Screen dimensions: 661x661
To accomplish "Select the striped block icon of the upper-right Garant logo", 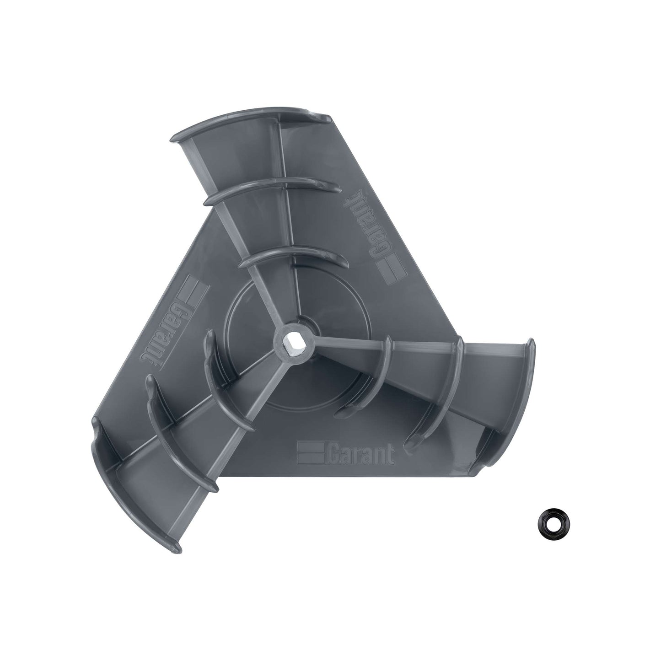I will point(391,268).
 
